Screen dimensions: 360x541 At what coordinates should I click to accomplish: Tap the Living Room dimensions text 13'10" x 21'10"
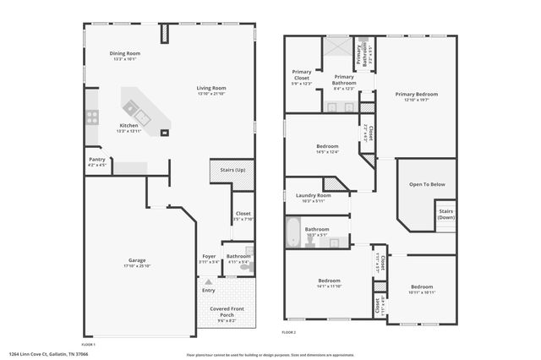click(x=211, y=93)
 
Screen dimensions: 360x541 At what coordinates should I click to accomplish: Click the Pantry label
click(x=97, y=159)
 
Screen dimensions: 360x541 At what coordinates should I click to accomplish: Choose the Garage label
click(x=137, y=260)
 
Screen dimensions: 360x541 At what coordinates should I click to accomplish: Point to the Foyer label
click(x=209, y=256)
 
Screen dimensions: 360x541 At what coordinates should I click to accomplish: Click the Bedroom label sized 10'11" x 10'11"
click(x=423, y=286)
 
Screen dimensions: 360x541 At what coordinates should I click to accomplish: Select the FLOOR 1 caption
click(x=88, y=345)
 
